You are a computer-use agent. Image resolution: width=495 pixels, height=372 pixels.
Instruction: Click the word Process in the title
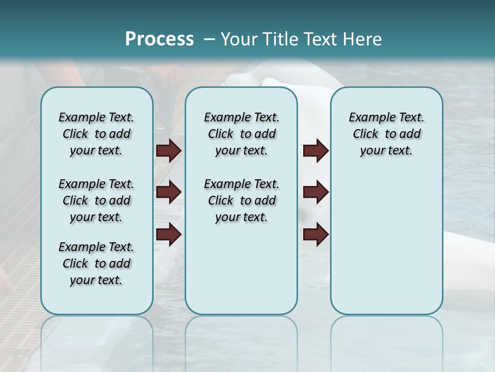click(159, 39)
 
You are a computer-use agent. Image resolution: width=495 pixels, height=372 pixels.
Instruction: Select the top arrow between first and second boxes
click(169, 151)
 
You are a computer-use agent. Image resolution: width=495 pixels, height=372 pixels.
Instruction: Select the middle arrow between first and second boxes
click(169, 192)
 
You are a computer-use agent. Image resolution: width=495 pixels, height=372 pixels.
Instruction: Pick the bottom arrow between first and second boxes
click(169, 235)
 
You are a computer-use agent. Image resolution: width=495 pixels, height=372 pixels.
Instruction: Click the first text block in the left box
click(96, 134)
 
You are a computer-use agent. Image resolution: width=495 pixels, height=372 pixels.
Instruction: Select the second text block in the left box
click(96, 200)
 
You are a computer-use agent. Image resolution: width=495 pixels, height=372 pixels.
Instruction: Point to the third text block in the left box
click(96, 263)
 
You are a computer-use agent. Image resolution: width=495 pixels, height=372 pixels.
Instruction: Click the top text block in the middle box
click(241, 134)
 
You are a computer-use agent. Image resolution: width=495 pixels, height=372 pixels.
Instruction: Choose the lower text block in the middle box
click(241, 200)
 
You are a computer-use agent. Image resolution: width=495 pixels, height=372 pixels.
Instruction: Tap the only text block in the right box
click(386, 134)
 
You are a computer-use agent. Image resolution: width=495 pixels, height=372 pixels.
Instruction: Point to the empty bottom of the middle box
click(241, 274)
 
